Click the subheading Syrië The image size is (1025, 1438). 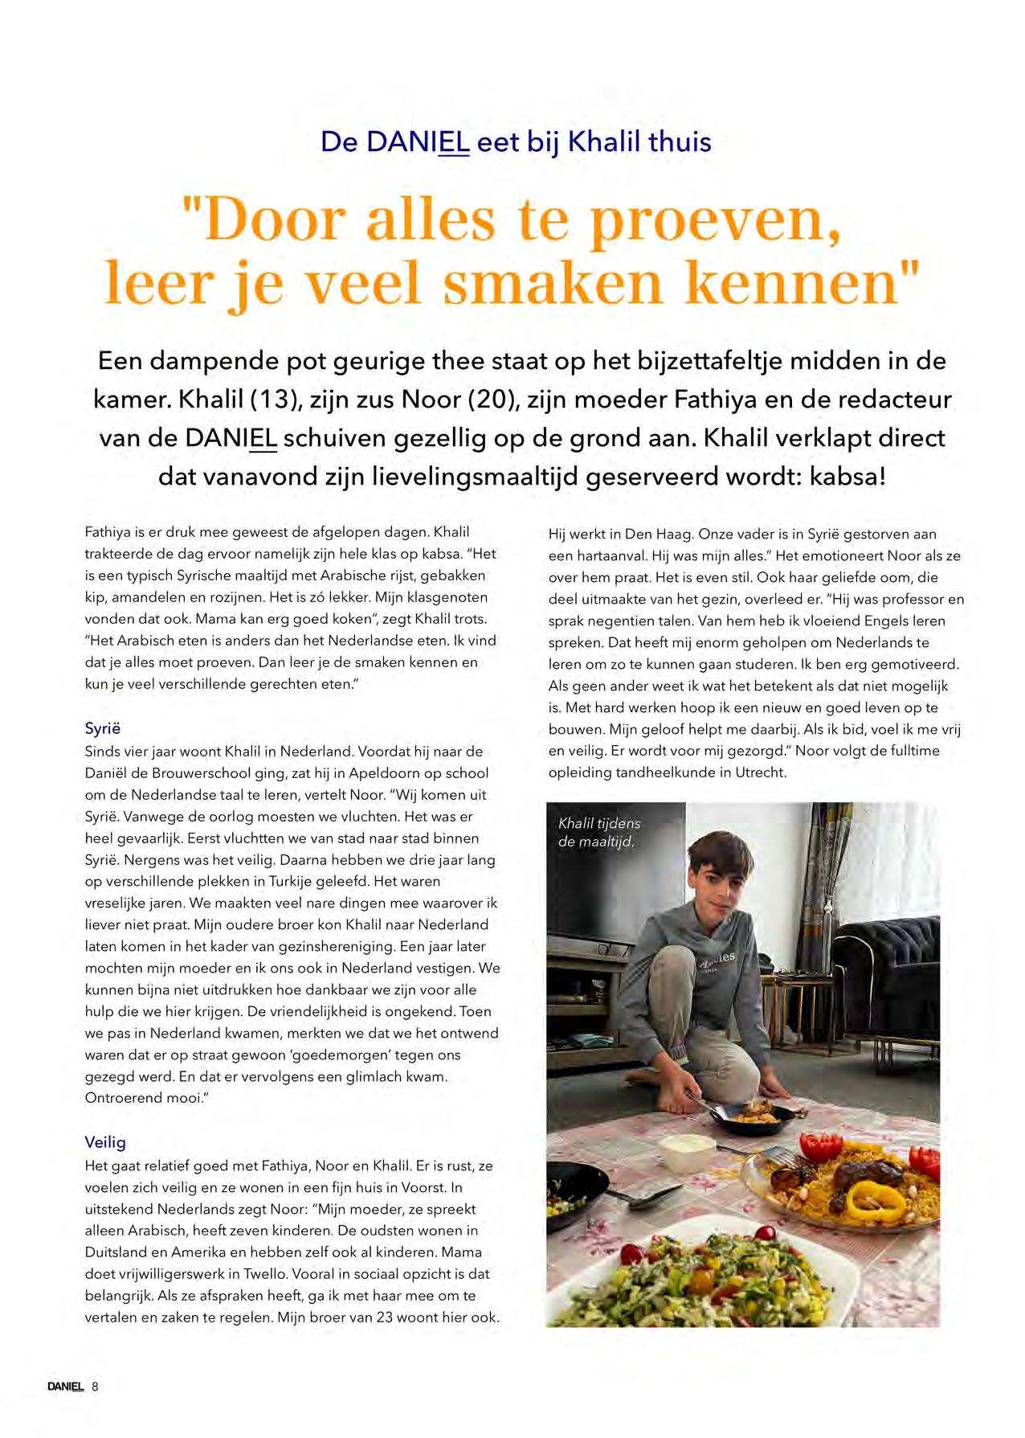point(103,728)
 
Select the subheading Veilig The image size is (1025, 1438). point(105,1142)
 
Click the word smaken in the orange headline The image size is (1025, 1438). point(553,284)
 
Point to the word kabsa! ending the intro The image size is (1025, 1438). point(847,477)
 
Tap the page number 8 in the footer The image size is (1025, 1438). point(95,1387)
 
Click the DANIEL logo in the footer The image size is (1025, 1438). point(65,1387)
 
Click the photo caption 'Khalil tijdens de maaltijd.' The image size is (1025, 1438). point(598,833)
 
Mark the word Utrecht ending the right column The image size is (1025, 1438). point(760,772)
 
